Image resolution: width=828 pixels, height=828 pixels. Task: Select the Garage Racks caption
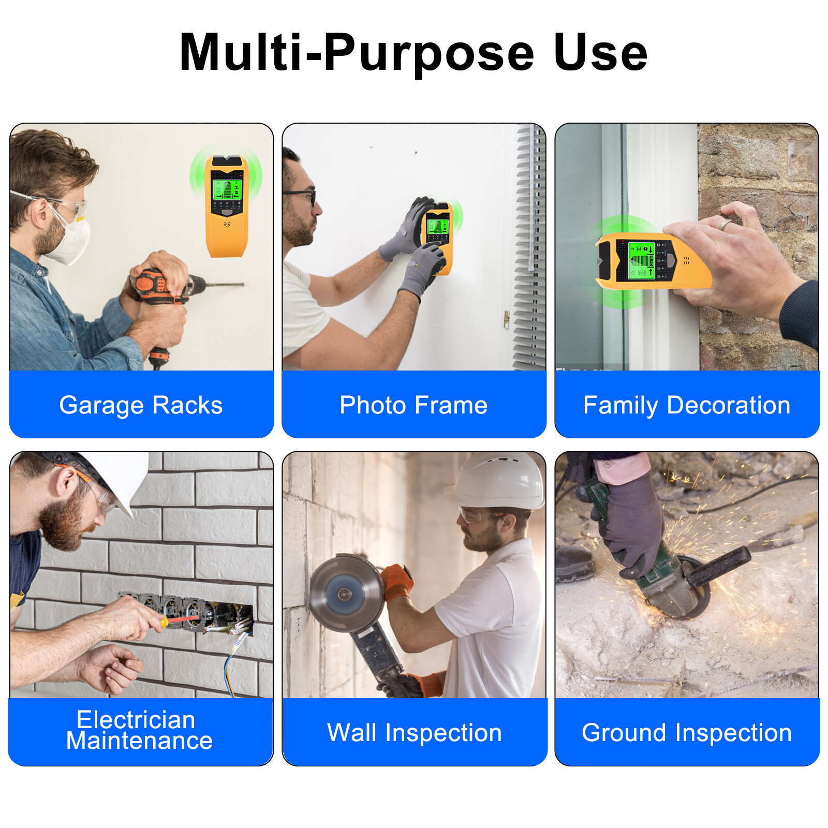141,405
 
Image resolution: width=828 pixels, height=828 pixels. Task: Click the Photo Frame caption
413,405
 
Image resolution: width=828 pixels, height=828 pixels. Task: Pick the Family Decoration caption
687,405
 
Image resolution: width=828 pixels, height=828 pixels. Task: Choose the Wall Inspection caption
414,732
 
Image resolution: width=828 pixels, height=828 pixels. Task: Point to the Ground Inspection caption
687,732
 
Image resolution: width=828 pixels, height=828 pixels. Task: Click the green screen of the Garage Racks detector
227,189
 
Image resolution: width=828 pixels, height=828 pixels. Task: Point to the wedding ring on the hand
726,224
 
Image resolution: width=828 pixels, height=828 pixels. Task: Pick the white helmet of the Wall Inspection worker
497,481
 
